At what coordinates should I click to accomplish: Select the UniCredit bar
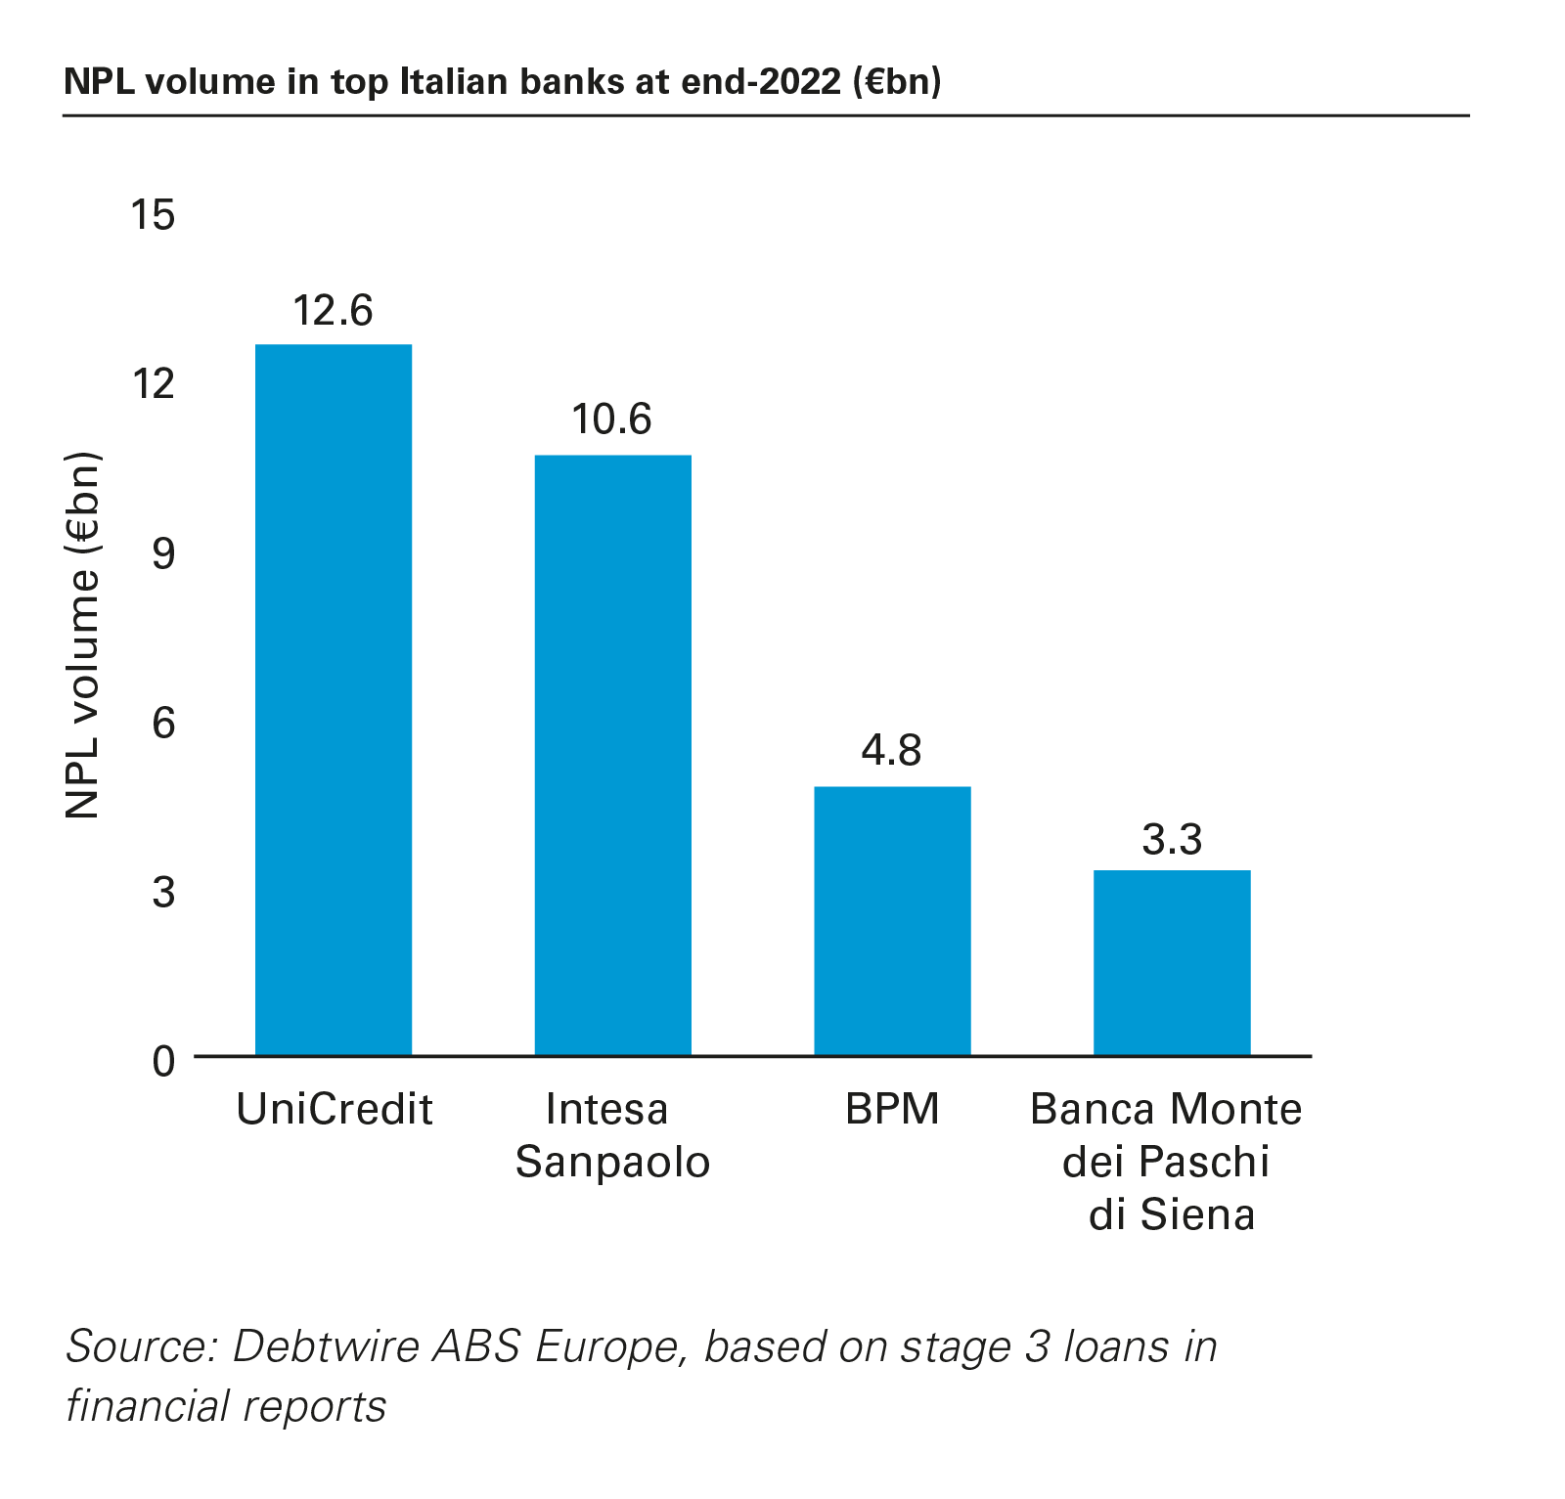click(x=334, y=699)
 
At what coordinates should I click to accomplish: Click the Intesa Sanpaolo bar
click(x=613, y=755)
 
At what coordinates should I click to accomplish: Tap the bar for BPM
click(x=892, y=920)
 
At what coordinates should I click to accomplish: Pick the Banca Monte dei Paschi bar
click(x=1172, y=962)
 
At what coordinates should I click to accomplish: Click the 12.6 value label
click(x=334, y=311)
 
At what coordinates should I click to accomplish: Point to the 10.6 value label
click(x=612, y=419)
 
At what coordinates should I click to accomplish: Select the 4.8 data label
click(x=892, y=751)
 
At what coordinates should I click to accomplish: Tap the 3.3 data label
click(x=1172, y=840)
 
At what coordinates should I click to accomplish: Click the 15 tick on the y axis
click(x=154, y=215)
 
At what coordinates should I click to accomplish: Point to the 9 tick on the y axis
click(x=163, y=553)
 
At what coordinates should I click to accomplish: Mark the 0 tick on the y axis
click(x=163, y=1061)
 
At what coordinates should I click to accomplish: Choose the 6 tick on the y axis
click(x=163, y=724)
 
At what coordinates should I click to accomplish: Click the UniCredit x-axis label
click(x=335, y=1110)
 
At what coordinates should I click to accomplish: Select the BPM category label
click(x=892, y=1110)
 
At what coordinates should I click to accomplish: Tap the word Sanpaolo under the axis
click(x=612, y=1163)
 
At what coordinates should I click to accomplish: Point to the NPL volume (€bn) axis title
click(x=84, y=636)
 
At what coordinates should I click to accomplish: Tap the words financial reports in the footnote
click(x=226, y=1406)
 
